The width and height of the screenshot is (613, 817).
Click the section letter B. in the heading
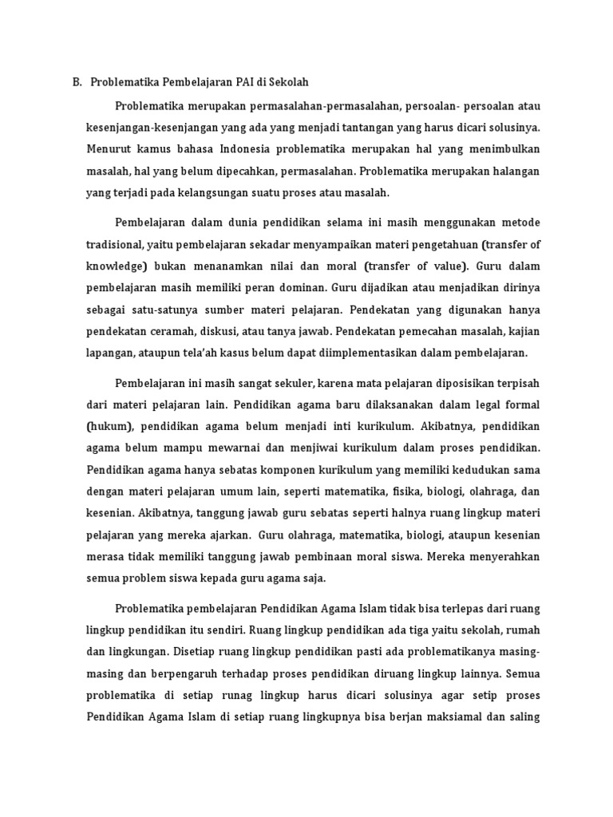77,81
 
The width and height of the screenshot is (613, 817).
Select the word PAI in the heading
247,81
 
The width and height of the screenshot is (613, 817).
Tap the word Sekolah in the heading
290,81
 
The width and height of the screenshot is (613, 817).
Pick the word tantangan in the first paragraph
346,128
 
